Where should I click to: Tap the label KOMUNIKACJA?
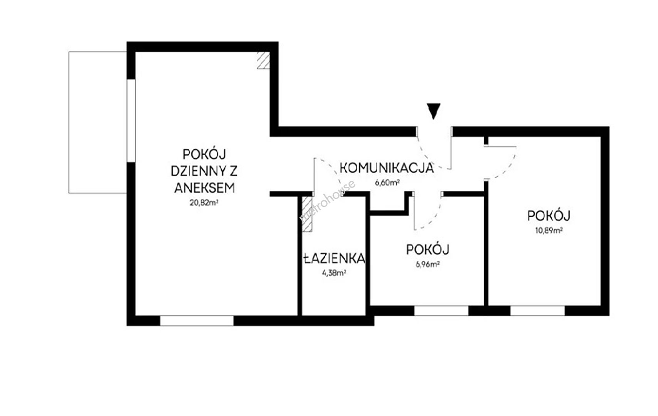387,168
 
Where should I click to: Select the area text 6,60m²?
387,183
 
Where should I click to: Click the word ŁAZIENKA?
334,258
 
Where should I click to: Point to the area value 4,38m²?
334,273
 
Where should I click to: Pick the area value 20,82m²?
204,203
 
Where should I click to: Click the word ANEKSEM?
204,188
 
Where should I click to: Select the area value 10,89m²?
549,230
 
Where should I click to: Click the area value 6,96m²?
428,264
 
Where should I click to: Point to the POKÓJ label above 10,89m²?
549,216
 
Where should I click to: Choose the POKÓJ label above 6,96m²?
428,250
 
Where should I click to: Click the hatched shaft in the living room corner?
264,60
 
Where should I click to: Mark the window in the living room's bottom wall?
197,320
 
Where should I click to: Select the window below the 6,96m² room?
441,310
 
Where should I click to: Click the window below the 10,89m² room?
538,310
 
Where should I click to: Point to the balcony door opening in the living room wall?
131,120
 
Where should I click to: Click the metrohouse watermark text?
328,200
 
